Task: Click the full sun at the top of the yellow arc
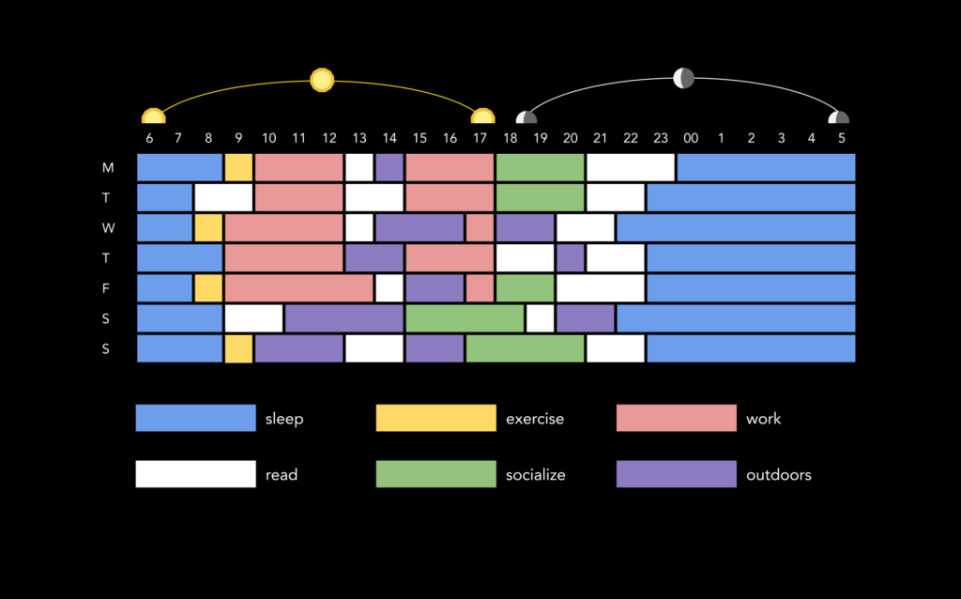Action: (x=322, y=81)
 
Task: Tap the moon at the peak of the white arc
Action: (x=683, y=78)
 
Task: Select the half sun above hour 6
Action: (x=153, y=115)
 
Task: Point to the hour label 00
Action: (x=691, y=139)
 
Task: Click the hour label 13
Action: (x=359, y=139)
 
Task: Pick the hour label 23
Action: (x=660, y=139)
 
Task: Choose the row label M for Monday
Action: (x=108, y=167)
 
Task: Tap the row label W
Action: (x=108, y=228)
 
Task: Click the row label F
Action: (x=106, y=288)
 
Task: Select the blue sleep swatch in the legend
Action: (x=195, y=418)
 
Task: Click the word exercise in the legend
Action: (x=534, y=419)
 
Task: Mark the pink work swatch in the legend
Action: (x=676, y=418)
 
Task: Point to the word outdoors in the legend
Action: (x=778, y=474)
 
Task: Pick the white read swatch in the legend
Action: (x=195, y=474)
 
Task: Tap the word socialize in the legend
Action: (x=535, y=475)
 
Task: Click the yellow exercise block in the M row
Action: (x=238, y=167)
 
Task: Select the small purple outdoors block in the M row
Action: (x=389, y=167)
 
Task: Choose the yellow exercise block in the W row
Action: (x=208, y=228)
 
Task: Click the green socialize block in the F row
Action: (x=526, y=288)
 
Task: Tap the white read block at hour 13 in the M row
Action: (x=359, y=167)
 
